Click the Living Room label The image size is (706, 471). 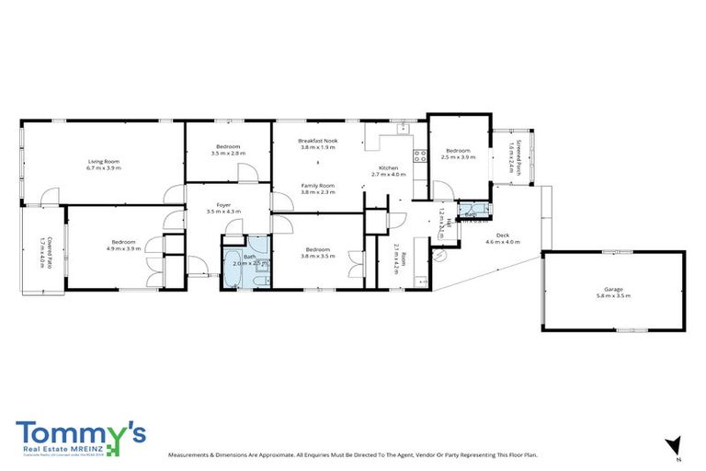pos(103,162)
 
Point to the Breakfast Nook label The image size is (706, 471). pos(317,141)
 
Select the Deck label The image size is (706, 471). pos(502,235)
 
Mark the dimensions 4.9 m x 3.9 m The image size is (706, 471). pos(123,248)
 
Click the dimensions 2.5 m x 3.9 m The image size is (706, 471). pos(458,157)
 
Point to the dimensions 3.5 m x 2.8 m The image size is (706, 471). pos(228,154)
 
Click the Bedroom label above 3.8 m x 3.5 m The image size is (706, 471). pos(318,249)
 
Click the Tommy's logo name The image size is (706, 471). pos(79,432)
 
